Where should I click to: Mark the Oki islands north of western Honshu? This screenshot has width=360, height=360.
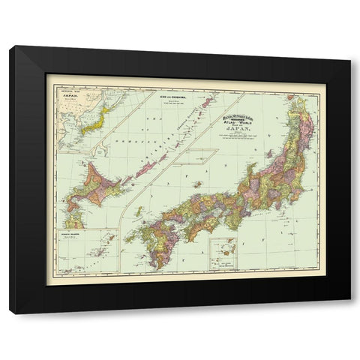pos(194,184)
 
